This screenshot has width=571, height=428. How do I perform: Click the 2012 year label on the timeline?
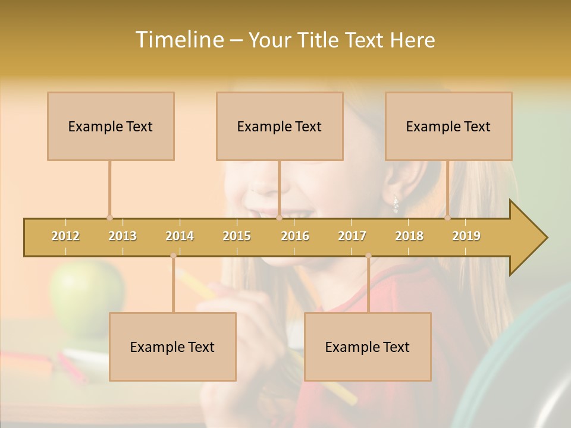pos(65,236)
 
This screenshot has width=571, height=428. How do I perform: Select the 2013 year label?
pos(123,236)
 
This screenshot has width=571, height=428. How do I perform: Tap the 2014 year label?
pos(180,236)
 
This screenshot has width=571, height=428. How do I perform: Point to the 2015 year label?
pos(237,236)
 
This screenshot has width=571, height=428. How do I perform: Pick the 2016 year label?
pos(295,236)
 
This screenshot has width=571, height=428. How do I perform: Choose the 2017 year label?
pos(352,236)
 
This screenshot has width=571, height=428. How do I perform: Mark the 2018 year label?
pos(409,236)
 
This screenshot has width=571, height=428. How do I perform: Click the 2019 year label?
pos(466,236)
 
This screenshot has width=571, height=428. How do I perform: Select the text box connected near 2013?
pos(111,126)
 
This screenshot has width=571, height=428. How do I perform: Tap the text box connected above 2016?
pos(280,126)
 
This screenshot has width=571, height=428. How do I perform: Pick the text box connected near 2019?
pos(448,126)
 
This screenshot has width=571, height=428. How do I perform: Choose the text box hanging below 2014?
pos(172,347)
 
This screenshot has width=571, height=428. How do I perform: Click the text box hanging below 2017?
pos(368,347)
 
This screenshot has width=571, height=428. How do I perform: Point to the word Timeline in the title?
pos(178,40)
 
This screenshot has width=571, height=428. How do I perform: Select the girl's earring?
pos(396,206)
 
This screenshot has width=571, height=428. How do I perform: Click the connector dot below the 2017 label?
pos(368,256)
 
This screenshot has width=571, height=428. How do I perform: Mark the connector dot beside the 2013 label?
pos(109,218)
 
